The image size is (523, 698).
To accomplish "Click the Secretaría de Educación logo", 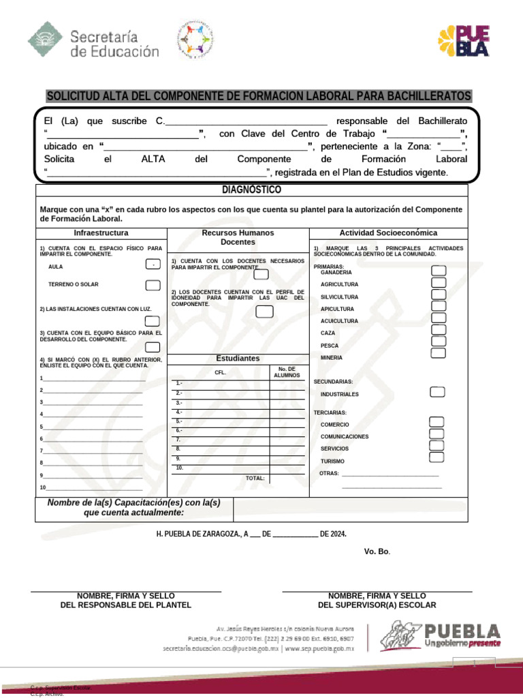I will pos(93,42).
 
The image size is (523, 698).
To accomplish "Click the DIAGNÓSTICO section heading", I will pos(251,189).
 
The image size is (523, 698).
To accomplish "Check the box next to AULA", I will pos(153,265).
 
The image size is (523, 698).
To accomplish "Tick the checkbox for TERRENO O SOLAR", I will pos(153,285).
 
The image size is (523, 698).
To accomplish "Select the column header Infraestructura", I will pos(101,233).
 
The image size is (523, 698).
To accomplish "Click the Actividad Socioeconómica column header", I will pos(388,233).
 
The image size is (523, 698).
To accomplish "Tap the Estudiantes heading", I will pos(238,358).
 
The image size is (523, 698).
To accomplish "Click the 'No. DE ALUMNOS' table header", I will pos(286,372).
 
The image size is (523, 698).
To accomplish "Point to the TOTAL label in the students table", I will pos(255,479).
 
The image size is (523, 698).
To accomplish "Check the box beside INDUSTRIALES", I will pos(437,392).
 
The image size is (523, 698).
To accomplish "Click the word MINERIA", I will pos(332,358).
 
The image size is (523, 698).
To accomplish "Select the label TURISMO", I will pos(332,461).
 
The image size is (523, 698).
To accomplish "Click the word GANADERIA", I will pos(336,273).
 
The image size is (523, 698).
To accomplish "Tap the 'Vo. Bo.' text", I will pos(377,551).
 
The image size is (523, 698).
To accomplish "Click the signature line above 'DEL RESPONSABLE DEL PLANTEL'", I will pos(126,591).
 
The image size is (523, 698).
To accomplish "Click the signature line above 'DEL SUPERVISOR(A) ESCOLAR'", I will pos(377,591).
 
